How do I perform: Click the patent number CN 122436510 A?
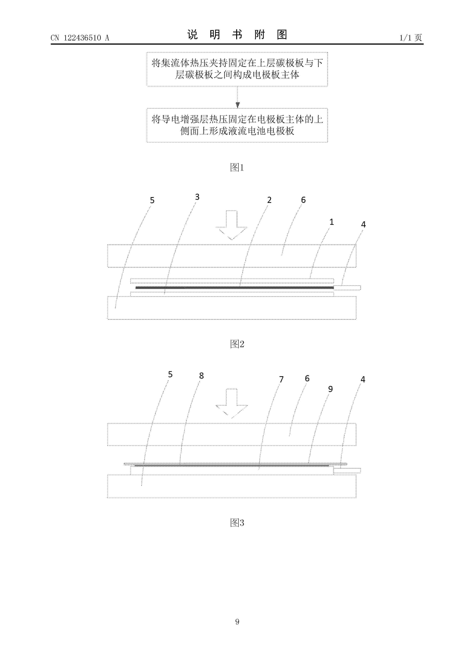[x=80, y=38]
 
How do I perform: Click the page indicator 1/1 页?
[x=411, y=38]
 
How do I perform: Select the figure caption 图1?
[x=237, y=167]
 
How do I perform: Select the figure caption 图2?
[x=237, y=344]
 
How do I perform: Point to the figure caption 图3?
[x=237, y=522]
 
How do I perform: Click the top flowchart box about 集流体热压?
[x=237, y=69]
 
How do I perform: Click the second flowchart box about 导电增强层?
[x=237, y=125]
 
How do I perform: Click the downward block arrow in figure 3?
[x=232, y=403]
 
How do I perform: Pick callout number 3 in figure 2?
[x=197, y=197]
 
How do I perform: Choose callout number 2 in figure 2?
[x=269, y=200]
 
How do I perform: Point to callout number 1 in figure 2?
[x=332, y=222]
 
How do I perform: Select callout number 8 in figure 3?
[x=201, y=375]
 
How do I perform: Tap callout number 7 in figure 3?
[x=281, y=379]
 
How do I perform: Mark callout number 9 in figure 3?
[x=330, y=389]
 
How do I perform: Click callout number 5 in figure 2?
[x=152, y=200]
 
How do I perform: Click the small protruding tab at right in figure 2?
[x=347, y=288]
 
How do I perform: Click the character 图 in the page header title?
[x=282, y=34]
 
